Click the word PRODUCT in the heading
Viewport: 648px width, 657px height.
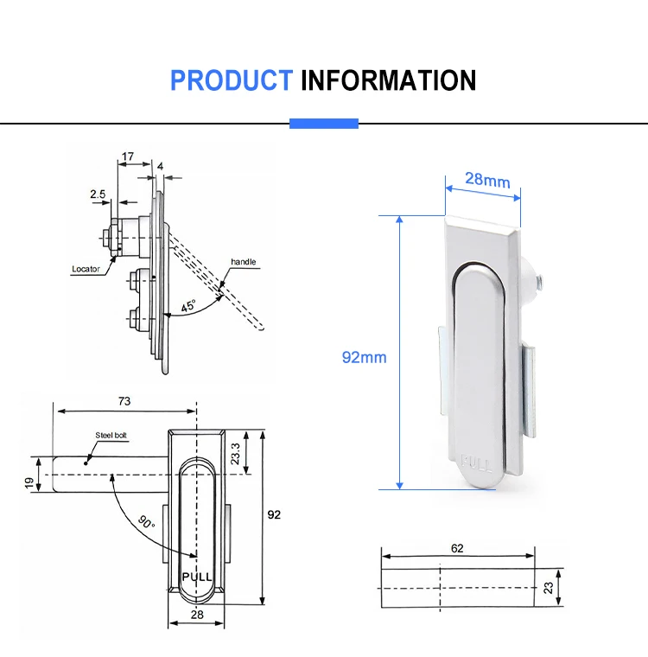click(x=231, y=80)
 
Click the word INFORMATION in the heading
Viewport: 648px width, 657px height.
click(x=388, y=80)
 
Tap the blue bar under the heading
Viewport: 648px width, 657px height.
click(x=323, y=124)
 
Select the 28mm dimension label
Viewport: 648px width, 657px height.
click(x=487, y=180)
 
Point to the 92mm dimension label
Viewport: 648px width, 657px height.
click(x=364, y=357)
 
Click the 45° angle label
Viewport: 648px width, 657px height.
click(x=187, y=306)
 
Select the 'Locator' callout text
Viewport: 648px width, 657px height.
click(x=86, y=269)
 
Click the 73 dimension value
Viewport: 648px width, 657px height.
click(x=125, y=400)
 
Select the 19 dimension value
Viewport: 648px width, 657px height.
click(x=29, y=484)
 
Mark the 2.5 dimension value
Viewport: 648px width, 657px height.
click(x=97, y=195)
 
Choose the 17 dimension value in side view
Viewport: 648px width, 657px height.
click(x=127, y=157)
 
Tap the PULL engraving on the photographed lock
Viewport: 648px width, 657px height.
click(x=478, y=464)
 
